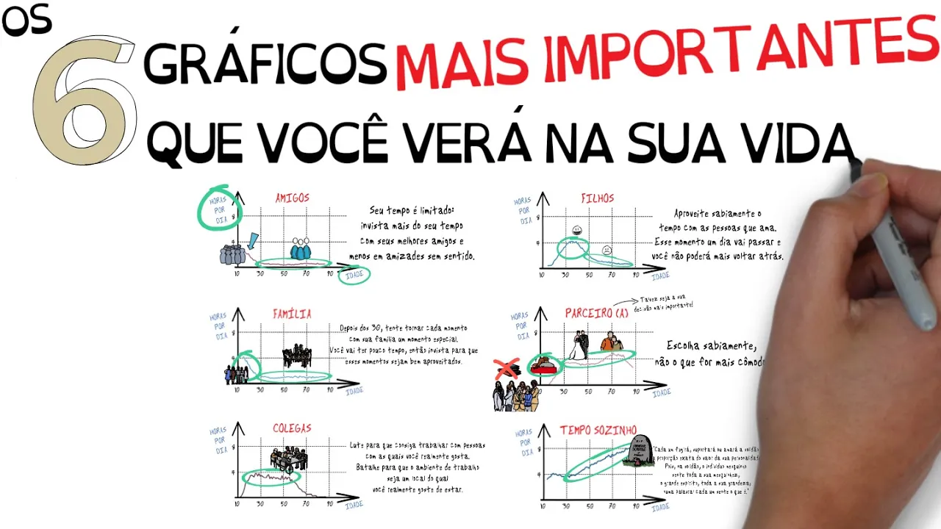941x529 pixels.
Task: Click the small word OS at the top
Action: coord(26,22)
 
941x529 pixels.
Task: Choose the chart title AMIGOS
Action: coord(292,198)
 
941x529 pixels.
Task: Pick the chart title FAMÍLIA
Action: coord(292,314)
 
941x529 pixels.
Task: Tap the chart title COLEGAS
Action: coord(292,428)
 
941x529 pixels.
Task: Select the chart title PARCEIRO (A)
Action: coord(597,313)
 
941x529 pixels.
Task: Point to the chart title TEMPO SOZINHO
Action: coord(598,430)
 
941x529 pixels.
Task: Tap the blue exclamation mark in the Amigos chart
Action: coord(254,240)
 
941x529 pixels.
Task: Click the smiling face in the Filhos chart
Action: coord(576,231)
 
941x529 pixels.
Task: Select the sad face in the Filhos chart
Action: coord(607,250)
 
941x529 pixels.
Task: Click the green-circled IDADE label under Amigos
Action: coord(354,275)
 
